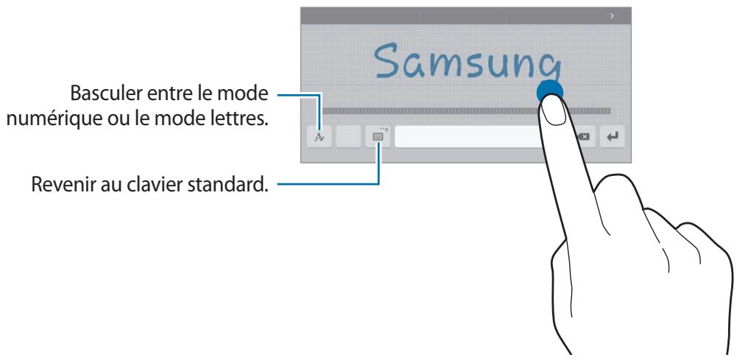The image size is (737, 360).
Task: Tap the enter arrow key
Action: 611,137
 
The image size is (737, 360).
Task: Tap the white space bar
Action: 464,137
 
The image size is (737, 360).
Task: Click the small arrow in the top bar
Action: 612,15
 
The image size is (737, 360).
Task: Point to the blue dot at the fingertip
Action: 550,91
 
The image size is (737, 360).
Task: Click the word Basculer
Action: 105,94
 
